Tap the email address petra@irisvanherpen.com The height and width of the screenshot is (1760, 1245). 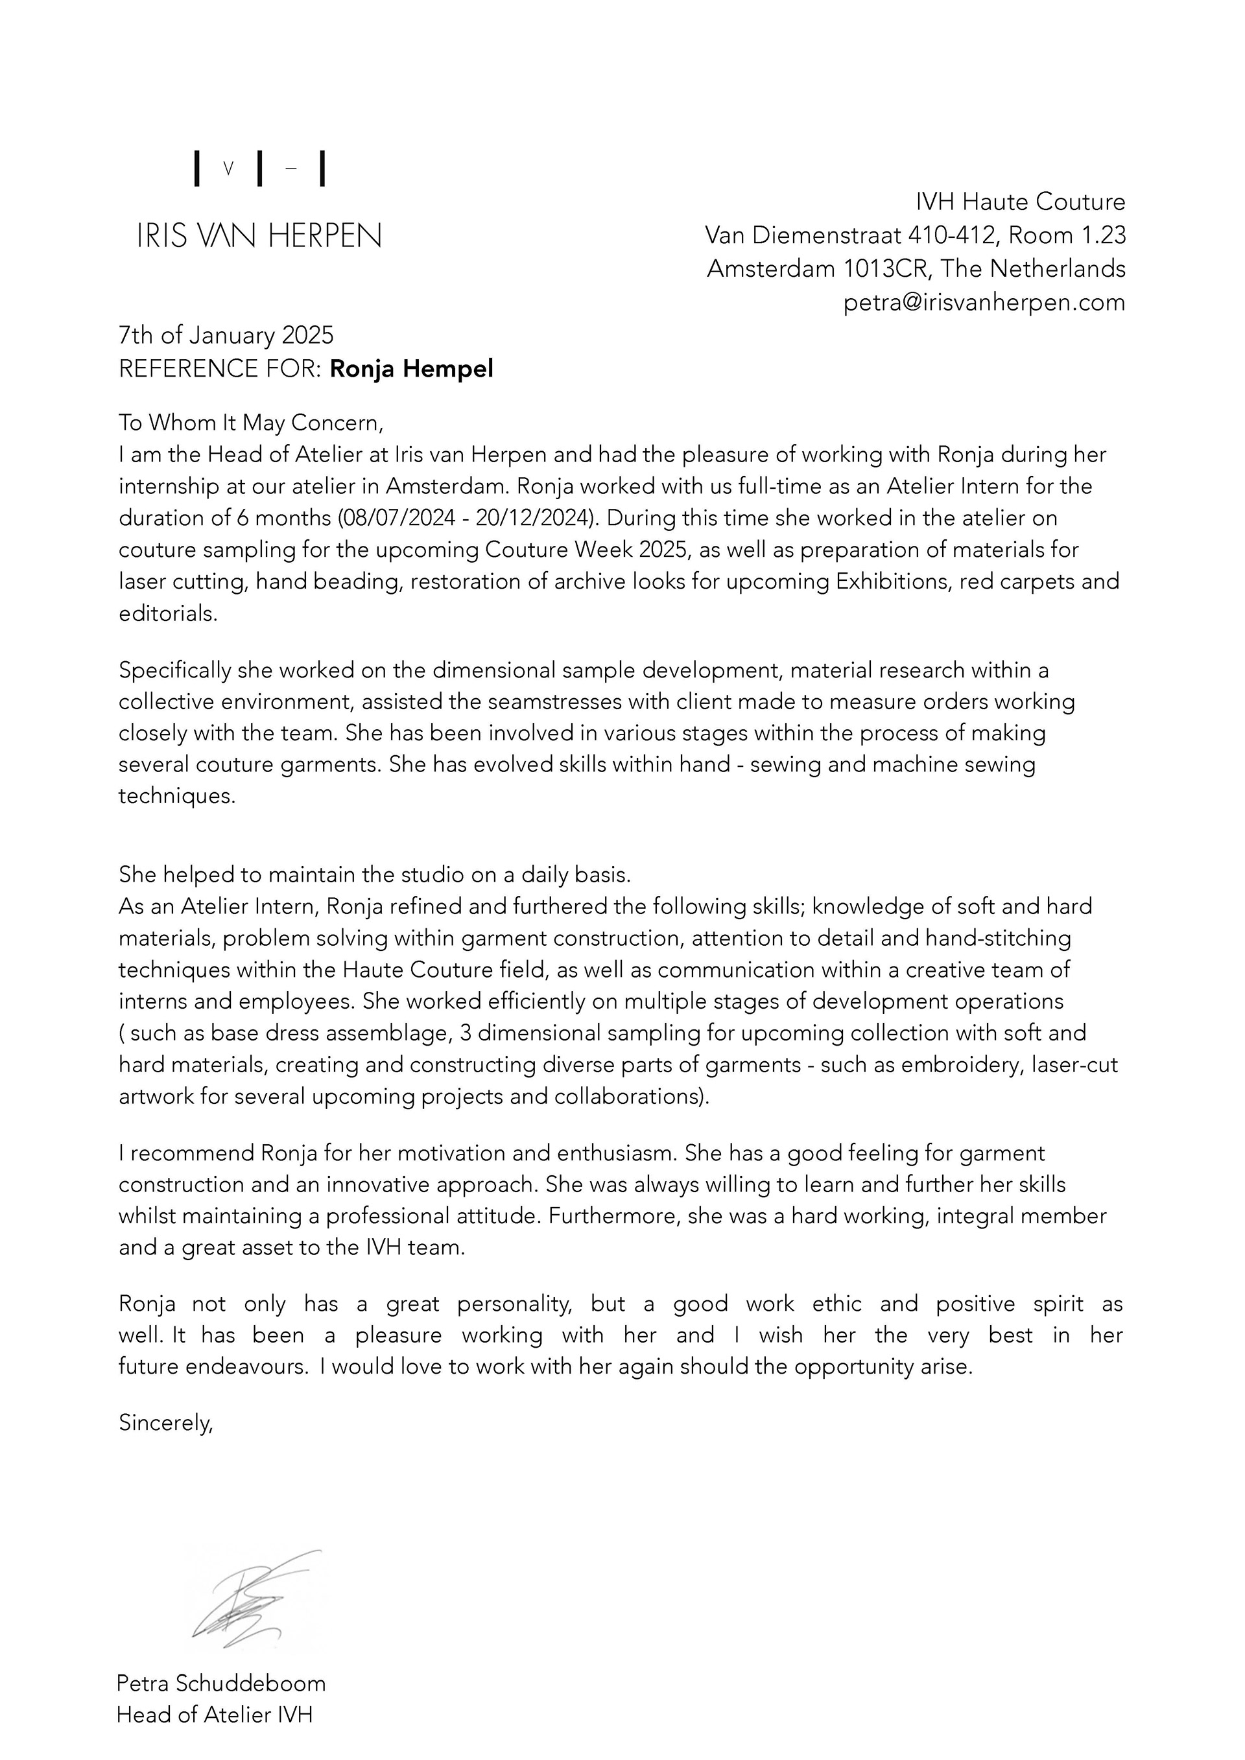tap(984, 302)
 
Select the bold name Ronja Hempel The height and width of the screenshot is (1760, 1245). tap(411, 369)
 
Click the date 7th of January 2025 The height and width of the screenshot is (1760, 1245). tap(226, 335)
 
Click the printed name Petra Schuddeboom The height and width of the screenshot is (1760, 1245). tap(220, 1684)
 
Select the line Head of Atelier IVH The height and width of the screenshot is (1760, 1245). tap(215, 1714)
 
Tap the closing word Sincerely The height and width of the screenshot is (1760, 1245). tap(165, 1423)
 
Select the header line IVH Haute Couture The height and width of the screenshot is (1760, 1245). tap(1021, 202)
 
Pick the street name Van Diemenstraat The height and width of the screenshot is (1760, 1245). tap(803, 235)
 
